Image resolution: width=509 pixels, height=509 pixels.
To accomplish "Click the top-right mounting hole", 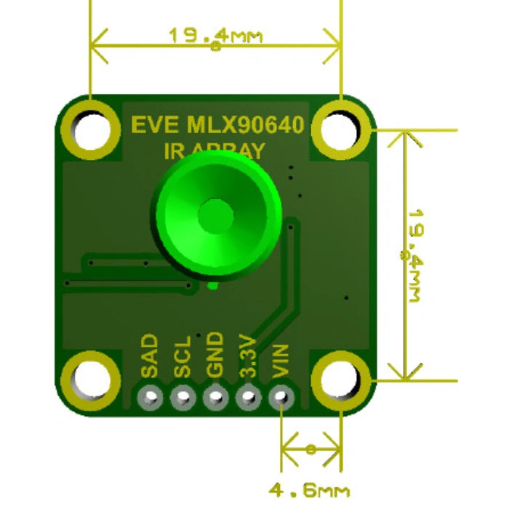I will [340, 129].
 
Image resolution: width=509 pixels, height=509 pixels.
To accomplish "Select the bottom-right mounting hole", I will [340, 380].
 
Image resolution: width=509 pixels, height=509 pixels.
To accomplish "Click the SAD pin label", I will [150, 356].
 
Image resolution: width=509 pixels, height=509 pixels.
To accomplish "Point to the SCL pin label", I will [182, 356].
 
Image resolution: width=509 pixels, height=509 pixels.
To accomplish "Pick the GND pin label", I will [215, 356].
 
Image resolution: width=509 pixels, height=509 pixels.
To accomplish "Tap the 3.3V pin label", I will [248, 356].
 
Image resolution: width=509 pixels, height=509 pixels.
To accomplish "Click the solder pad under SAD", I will [151, 398].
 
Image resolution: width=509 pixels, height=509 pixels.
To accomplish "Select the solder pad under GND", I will [215, 398].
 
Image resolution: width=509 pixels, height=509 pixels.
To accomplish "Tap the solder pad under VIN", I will [281, 398].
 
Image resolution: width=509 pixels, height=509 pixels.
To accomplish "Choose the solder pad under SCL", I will [183, 398].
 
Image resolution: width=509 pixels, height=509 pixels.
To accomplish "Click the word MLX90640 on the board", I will [247, 125].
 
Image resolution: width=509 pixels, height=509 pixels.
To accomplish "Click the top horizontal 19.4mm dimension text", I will [215, 35].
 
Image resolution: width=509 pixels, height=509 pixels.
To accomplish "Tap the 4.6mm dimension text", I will [310, 491].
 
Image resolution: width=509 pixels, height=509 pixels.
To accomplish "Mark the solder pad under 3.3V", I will [248, 398].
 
